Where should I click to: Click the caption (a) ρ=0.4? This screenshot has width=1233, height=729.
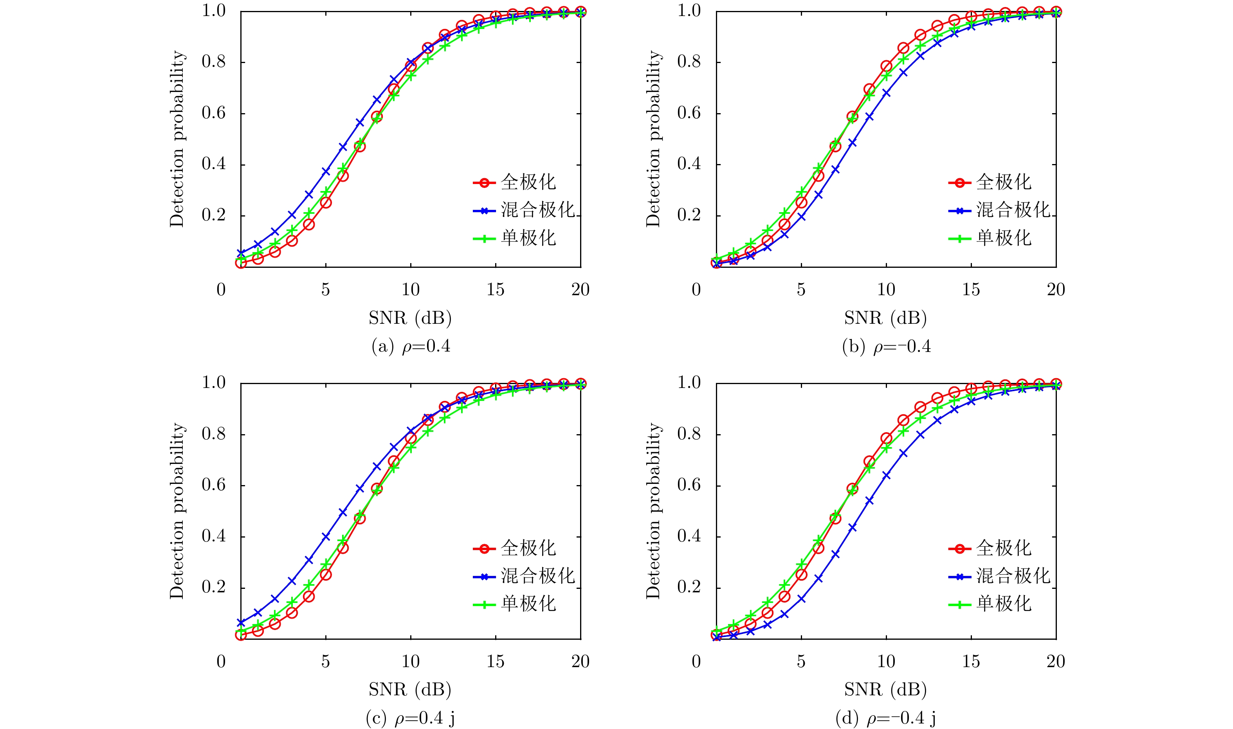point(411,347)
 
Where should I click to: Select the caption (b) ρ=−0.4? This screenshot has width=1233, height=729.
point(886,347)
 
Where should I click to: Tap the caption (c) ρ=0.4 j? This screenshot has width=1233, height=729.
point(411,719)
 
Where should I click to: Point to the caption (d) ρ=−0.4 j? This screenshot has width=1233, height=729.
point(886,719)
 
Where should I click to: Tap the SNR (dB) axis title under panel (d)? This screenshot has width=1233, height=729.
point(885,690)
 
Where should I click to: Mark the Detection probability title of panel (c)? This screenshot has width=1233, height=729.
point(177,511)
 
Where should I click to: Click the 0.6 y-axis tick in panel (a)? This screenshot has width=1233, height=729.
point(214,113)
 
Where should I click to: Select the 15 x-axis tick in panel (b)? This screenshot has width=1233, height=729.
point(971,290)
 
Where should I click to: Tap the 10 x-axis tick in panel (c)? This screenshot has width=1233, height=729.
point(411,662)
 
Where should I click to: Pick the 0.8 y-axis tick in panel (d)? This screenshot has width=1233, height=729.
point(689,434)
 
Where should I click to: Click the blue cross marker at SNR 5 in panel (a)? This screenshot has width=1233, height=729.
point(326,171)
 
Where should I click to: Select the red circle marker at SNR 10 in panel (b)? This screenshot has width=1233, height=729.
point(886,66)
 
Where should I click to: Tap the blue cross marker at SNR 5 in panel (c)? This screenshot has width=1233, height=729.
point(326,537)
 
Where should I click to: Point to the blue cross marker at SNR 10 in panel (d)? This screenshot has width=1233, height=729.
point(886,475)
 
